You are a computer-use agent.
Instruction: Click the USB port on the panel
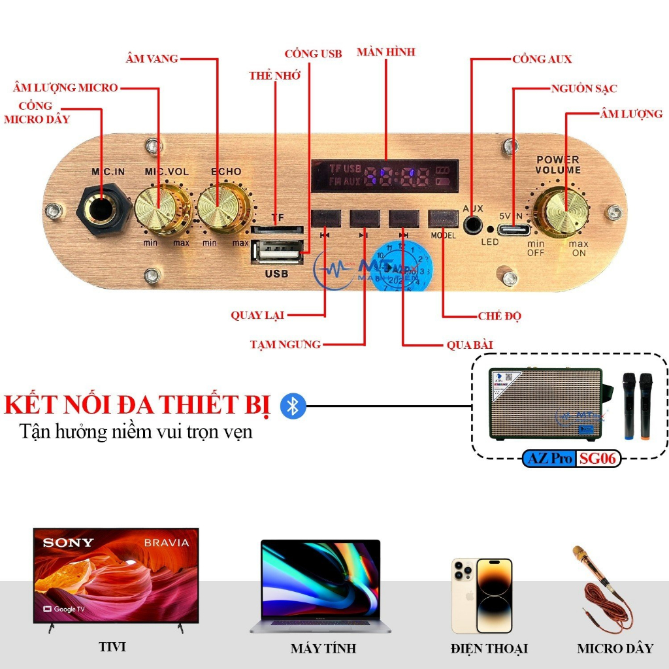276,252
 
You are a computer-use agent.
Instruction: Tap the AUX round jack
472,225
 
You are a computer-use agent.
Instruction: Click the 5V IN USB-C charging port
514,231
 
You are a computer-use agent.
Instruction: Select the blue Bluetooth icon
293,406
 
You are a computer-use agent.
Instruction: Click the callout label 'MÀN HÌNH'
385,52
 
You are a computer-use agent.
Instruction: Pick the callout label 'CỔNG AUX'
542,59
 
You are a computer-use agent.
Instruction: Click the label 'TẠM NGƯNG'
286,344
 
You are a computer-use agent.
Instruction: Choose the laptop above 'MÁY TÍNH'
320,585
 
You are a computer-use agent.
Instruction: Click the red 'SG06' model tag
596,459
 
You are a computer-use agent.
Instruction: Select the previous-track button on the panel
325,218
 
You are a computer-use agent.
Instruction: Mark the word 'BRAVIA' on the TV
166,543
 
